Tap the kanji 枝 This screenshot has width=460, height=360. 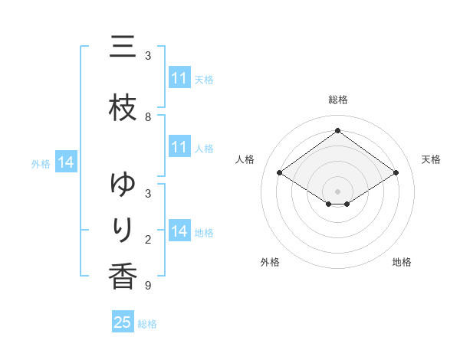click(123, 108)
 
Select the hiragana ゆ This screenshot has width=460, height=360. click(123, 185)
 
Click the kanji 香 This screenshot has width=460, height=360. click(123, 277)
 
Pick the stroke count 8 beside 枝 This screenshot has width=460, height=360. click(148, 117)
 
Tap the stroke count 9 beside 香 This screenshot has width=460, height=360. click(148, 286)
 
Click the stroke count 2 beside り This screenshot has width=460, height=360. click(148, 240)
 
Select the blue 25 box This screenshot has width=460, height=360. click(123, 322)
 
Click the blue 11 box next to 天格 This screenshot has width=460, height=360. click(179, 78)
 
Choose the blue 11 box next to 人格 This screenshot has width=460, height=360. click(179, 147)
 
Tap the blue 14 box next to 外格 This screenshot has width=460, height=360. click(65, 162)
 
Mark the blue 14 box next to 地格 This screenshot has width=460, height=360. click(179, 231)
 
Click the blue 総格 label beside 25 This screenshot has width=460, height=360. click(147, 324)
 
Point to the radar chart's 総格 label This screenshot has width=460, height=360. click(337, 100)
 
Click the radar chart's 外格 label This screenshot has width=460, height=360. click(270, 262)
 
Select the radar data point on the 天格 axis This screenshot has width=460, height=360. click(396, 173)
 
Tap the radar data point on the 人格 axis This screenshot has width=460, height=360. click(280, 173)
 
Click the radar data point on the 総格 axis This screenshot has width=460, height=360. click(337, 131)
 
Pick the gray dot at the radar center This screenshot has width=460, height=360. click(337, 191)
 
